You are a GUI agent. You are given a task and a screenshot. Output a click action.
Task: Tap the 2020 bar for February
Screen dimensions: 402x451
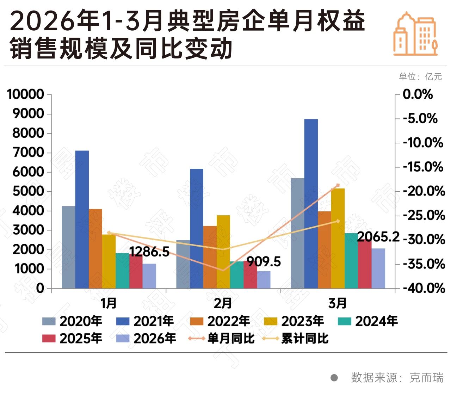pos(183,264)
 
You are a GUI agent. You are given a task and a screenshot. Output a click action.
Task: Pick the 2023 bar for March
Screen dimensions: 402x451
pos(338,238)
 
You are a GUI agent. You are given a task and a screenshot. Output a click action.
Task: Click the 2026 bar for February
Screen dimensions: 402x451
pos(264,280)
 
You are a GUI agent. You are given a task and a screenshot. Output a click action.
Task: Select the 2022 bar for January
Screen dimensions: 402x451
pos(95,249)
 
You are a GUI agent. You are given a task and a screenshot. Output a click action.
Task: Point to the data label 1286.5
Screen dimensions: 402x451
pos(149,252)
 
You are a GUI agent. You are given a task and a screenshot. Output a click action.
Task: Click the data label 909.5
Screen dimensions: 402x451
pos(264,262)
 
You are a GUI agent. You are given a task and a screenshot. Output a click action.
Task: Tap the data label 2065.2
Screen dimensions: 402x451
pos(378,237)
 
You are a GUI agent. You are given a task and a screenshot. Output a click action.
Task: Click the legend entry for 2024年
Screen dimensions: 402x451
pos(368,321)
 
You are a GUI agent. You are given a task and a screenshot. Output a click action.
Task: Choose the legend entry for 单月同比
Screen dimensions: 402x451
pos(222,339)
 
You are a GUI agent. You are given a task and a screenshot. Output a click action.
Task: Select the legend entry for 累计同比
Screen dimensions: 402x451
pos(296,339)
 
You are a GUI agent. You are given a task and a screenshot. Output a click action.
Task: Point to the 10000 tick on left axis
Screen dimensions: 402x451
pos(25,94)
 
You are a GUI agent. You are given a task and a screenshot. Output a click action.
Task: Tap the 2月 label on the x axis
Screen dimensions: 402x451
pos(223,303)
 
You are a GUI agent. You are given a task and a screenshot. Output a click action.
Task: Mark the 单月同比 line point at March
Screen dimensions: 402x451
pos(338,185)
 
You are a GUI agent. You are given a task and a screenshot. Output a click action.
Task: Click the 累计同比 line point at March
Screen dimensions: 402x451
pos(338,221)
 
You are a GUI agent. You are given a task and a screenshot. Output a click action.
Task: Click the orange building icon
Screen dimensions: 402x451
pos(415,34)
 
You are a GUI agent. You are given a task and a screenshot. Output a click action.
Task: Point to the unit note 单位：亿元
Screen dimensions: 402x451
pos(420,76)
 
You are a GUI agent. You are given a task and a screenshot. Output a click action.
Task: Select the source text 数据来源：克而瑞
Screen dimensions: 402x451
pos(397,378)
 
